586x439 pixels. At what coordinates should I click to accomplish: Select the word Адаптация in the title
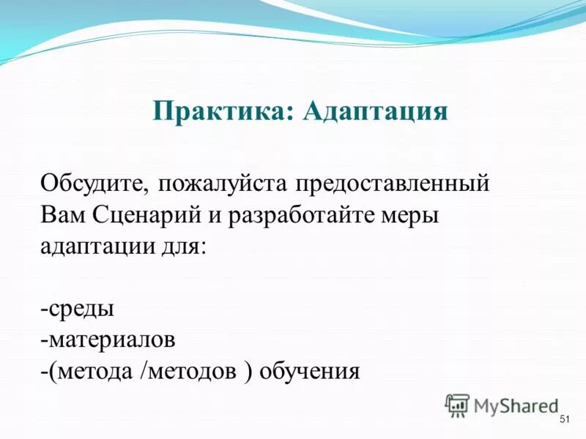pyautogui.click(x=374, y=111)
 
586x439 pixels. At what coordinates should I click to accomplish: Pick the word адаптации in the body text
pyautogui.click(x=93, y=247)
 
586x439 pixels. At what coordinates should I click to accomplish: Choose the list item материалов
pyautogui.click(x=111, y=339)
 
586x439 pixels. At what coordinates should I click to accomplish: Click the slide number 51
pyautogui.click(x=564, y=419)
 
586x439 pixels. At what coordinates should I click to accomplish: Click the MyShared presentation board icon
pyautogui.click(x=457, y=405)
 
